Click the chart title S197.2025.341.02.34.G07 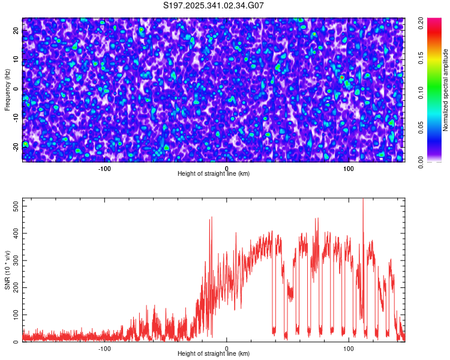214,5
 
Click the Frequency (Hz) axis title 7,89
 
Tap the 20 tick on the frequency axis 16,31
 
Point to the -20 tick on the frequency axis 16,147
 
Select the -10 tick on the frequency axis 16,118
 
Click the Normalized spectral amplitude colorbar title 446,89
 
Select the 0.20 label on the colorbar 421,25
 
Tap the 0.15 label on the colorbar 421,59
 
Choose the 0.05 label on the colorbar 421,128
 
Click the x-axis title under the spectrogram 214,173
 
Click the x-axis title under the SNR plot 214,353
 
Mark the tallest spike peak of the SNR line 363,199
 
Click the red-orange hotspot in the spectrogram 341,77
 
